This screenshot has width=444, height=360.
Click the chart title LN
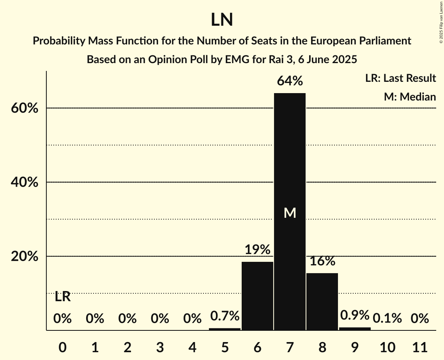222,20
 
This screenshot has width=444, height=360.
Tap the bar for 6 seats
257,296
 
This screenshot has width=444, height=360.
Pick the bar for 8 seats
322,302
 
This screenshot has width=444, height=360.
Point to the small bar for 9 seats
355,329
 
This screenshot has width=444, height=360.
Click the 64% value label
290,81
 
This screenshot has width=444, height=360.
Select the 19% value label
257,250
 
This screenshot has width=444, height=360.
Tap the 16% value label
322,261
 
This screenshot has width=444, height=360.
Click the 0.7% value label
225,316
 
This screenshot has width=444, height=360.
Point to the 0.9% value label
355,315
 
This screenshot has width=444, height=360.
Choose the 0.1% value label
387,319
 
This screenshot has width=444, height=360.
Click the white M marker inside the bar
290,213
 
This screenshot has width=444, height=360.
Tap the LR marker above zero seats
62,297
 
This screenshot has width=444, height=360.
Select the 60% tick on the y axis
25,108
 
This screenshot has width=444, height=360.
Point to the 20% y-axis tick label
25,257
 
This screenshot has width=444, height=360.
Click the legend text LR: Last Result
400,78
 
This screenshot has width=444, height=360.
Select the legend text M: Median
410,97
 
